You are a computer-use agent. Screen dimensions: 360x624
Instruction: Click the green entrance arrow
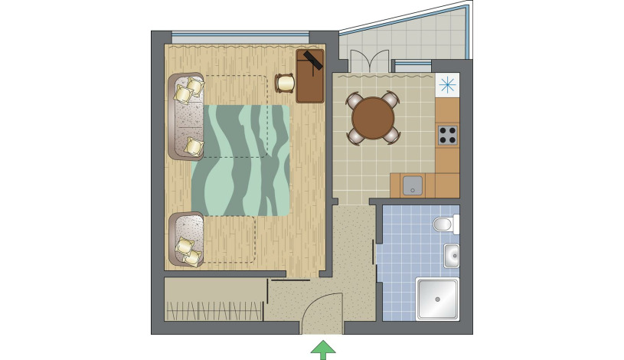323,349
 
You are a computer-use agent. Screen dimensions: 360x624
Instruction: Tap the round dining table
373,118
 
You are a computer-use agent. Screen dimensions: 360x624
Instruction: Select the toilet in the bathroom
444,224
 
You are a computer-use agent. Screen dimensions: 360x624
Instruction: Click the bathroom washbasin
451,256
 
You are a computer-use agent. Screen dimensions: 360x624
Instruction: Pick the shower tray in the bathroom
436,299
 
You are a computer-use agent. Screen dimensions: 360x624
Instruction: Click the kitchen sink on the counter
413,185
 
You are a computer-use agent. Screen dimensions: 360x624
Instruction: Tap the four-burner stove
447,136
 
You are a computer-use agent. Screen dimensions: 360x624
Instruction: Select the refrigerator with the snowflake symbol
446,84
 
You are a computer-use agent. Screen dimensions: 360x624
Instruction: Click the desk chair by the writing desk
285,83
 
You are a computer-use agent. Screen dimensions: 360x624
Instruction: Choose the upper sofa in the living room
185,116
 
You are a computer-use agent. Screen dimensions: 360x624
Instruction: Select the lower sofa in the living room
185,239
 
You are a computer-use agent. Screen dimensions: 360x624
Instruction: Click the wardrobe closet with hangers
214,299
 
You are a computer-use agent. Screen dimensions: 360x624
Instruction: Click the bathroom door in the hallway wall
374,253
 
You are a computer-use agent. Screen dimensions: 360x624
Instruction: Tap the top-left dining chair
354,100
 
